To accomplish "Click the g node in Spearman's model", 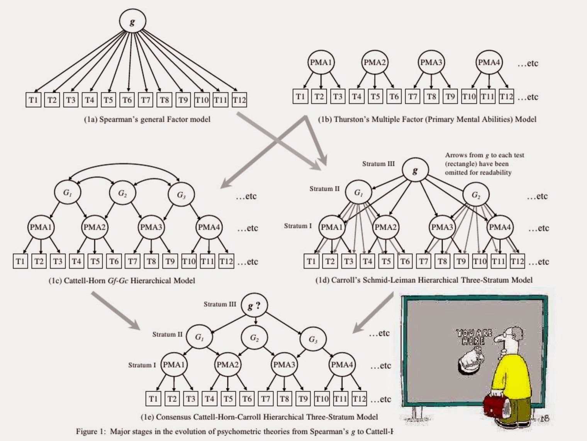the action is tap(132, 22).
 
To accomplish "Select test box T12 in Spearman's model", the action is tap(239, 100).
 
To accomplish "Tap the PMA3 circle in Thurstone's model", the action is tap(431, 62).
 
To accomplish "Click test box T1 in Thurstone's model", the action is tap(300, 97).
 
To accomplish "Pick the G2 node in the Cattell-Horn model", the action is tap(122, 194).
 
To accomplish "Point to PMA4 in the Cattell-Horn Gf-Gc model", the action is tap(209, 227).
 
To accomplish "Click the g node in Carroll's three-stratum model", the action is tap(415, 170).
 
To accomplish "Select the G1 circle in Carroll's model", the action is tap(358, 192).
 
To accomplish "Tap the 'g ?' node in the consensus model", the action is tap(254, 306).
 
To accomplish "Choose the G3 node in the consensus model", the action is tap(313, 339).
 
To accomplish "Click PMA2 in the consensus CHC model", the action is tap(227, 365).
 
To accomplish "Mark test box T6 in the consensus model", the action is tap(247, 399).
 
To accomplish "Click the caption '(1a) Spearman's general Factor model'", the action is tap(147, 119).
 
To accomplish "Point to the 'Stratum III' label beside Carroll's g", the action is tap(378, 164).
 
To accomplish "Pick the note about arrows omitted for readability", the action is tap(484, 164).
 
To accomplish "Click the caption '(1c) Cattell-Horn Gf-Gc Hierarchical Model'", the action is tap(122, 281).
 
